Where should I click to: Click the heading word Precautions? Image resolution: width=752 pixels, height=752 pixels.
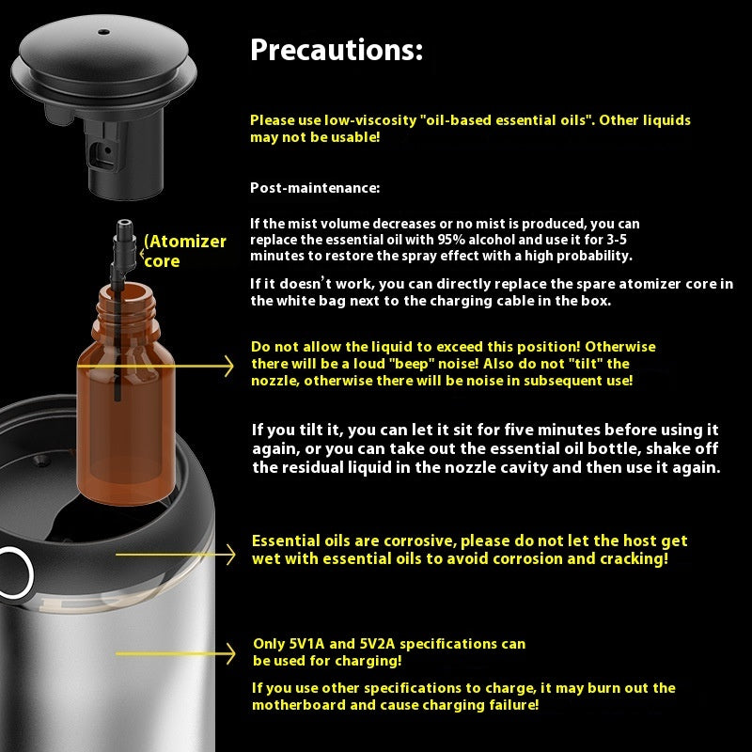pyautogui.click(x=336, y=51)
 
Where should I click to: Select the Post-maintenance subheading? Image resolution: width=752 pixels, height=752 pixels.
pyautogui.click(x=315, y=188)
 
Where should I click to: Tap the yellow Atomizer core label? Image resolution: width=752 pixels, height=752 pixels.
pyautogui.click(x=186, y=251)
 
